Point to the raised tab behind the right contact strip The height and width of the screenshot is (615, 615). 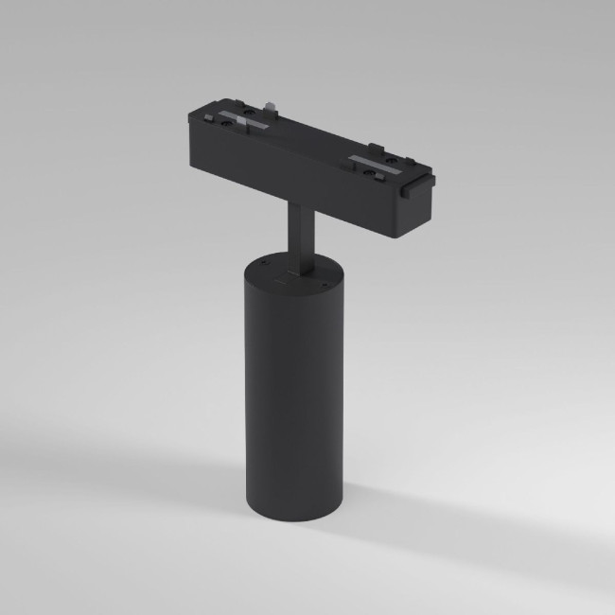click(378, 146)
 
